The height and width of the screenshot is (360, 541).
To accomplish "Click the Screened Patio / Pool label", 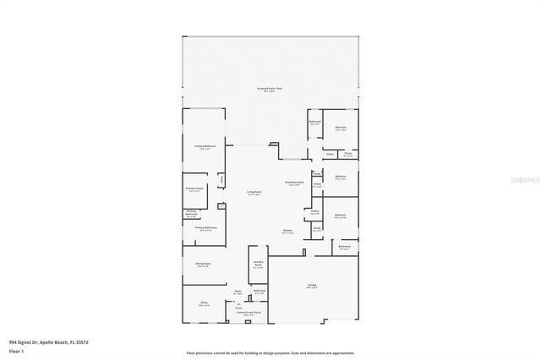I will point(270,89).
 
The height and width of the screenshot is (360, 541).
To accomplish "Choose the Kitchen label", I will point(287,232).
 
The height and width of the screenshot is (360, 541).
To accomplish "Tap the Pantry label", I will point(314,213).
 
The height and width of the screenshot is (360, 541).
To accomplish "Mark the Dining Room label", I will point(203,265).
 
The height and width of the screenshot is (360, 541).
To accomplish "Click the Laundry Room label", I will point(258,265).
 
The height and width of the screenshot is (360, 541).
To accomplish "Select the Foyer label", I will point(238,292).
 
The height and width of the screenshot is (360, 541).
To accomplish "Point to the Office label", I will point(204,304).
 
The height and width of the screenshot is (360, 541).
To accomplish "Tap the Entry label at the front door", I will point(238,308).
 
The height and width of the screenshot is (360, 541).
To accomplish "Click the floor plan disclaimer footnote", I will point(270,353).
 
